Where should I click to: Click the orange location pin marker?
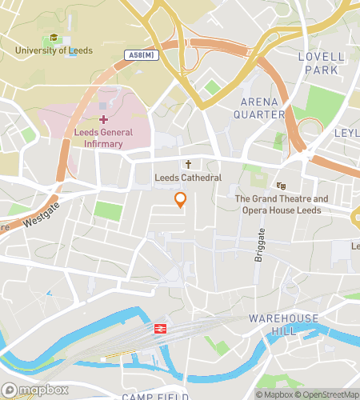(x=181, y=200)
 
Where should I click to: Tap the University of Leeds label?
(x=54, y=50)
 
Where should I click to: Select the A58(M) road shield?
(x=141, y=55)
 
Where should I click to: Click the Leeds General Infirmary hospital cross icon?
(x=104, y=119)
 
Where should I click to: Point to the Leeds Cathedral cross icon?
(x=189, y=162)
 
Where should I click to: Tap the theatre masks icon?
(x=281, y=186)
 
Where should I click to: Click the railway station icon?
(x=160, y=329)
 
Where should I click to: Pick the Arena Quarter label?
(x=262, y=108)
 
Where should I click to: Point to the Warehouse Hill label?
(x=283, y=325)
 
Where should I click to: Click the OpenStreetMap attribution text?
(x=326, y=394)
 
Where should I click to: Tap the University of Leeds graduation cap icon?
(x=54, y=37)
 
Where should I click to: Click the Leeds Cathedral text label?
(x=189, y=177)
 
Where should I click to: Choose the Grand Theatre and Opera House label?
(x=281, y=205)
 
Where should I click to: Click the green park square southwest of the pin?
(x=108, y=211)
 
